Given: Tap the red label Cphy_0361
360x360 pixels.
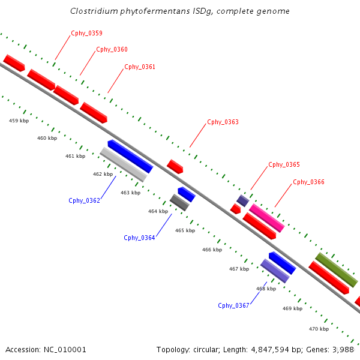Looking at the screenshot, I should [x=140, y=67].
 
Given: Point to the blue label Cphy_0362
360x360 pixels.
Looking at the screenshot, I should [x=84, y=201].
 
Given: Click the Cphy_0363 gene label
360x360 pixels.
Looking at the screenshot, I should [x=223, y=122].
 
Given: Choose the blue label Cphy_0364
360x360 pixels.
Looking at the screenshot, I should [x=139, y=238].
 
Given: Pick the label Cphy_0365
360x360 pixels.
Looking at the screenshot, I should [x=284, y=164].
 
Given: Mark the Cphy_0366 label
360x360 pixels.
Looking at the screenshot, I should [x=308, y=182].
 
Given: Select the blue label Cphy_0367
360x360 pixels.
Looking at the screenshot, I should [x=233, y=305].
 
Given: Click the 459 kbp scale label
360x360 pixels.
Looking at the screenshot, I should [x=19, y=121].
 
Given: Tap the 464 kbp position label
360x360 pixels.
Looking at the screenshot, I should [x=158, y=211].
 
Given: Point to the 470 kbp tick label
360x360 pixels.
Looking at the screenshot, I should [x=319, y=329].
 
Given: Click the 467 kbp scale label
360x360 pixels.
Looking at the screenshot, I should [x=239, y=269].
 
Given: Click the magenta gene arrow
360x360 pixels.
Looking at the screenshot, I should [x=267, y=218].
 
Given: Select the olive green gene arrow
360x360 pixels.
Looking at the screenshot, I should [x=337, y=270].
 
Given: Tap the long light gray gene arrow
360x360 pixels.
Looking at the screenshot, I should [x=123, y=164].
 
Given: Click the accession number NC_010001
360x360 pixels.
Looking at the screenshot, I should [x=68, y=349].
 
